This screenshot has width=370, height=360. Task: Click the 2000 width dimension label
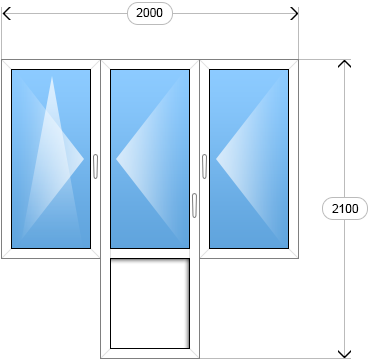[x=150, y=13]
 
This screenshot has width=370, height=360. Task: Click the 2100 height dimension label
[x=345, y=209]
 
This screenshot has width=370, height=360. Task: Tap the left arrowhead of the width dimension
[x=6, y=14]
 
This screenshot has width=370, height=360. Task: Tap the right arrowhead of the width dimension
[x=294, y=14]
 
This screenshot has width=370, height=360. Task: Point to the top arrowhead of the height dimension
[x=344, y=64]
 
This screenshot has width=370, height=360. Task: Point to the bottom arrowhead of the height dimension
[x=344, y=354]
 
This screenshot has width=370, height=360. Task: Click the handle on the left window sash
[x=95, y=166]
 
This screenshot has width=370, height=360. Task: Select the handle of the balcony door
[x=194, y=205]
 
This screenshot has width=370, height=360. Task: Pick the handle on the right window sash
[x=204, y=166]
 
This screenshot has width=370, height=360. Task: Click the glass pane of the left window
[x=51, y=159]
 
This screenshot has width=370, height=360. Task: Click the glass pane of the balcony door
[x=150, y=159]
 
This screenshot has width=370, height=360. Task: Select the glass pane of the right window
[x=249, y=159]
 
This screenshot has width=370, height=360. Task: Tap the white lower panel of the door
[x=150, y=303]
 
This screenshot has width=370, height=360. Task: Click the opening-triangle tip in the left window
[x=84, y=159]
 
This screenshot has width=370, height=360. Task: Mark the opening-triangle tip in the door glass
[x=116, y=159]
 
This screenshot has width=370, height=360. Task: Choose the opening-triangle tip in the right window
[x=216, y=159]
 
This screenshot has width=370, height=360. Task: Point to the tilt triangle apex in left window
[x=52, y=77]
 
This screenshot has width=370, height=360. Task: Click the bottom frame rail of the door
[x=150, y=353]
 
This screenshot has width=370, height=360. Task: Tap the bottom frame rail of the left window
[x=51, y=253]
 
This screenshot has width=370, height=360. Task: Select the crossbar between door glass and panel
[x=150, y=253]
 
